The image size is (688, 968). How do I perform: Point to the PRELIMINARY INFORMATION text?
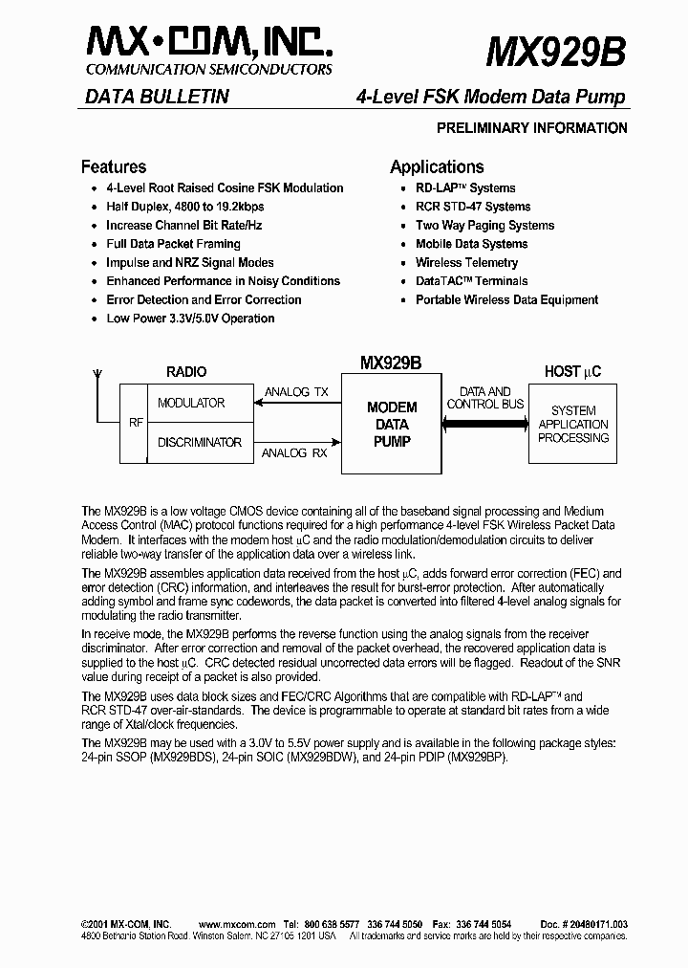click(x=531, y=128)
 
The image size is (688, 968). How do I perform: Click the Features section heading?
click(x=114, y=166)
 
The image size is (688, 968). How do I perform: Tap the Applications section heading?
click(x=437, y=166)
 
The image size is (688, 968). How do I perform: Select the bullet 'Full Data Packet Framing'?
click(x=173, y=244)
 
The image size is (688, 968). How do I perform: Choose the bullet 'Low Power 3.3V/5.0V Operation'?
click(x=190, y=319)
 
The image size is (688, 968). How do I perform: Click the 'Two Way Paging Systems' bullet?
click(x=484, y=226)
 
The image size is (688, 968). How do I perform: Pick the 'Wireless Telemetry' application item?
click(x=466, y=263)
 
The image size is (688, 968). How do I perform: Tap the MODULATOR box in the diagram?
click(x=191, y=403)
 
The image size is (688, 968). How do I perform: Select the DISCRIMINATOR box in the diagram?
click(x=199, y=442)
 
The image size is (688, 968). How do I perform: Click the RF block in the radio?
click(x=134, y=423)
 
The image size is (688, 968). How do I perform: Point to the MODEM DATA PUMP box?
click(x=392, y=424)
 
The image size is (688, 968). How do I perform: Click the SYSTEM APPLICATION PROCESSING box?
click(x=572, y=424)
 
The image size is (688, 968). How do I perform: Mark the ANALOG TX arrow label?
click(x=295, y=392)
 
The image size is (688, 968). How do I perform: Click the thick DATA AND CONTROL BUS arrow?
click(x=485, y=418)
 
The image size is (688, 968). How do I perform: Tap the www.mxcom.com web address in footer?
click(x=237, y=923)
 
